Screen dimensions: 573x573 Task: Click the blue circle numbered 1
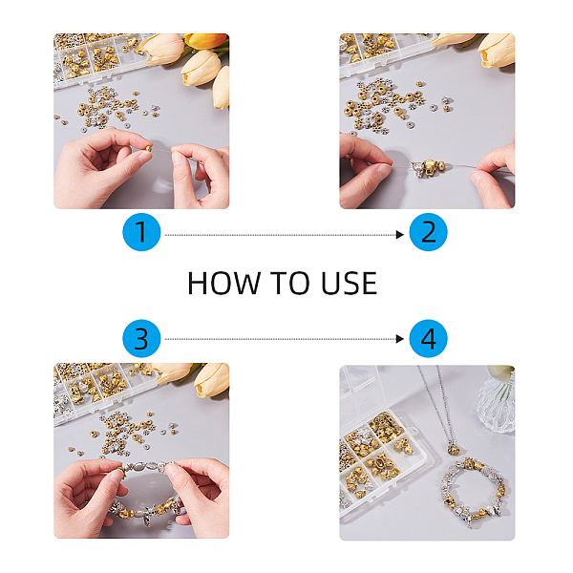pyautogui.click(x=141, y=232)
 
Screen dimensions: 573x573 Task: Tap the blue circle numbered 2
pyautogui.click(x=428, y=232)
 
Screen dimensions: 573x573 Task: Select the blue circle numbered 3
pyautogui.click(x=141, y=339)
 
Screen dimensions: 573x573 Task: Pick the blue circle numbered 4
pyautogui.click(x=428, y=339)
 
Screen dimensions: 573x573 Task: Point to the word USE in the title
pyautogui.click(x=349, y=284)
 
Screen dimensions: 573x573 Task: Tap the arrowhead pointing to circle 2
pyautogui.click(x=400, y=235)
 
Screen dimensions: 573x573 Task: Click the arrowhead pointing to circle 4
pyautogui.click(x=400, y=339)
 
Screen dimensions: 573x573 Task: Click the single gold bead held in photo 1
pyautogui.click(x=148, y=148)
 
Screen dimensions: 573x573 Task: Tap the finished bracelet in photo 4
pyautogui.click(x=474, y=492)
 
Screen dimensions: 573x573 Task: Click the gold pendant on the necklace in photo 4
pyautogui.click(x=453, y=449)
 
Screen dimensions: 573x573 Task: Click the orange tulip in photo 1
pyautogui.click(x=205, y=40)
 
